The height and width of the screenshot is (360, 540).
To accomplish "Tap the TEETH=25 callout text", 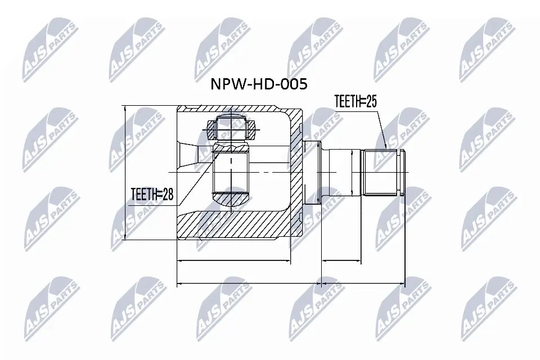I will coord(354,102).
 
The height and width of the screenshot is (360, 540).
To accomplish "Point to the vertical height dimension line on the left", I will coord(124,171).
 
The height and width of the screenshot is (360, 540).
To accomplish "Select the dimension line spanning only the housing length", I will coord(233,261).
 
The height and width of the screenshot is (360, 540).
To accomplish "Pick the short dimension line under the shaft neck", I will coord(341,261).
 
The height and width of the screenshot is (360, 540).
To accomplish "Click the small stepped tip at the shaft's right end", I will coord(401,171).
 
